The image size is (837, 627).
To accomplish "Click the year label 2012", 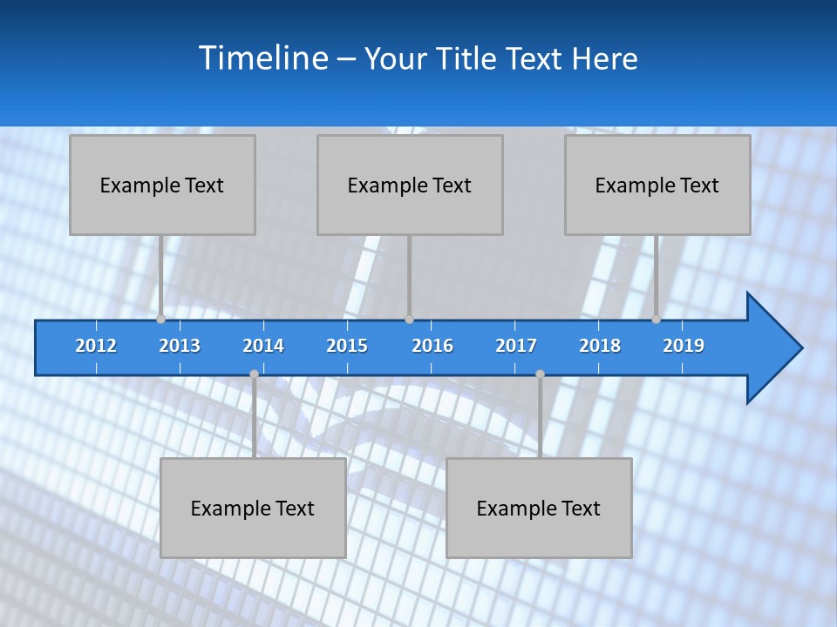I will pyautogui.click(x=96, y=346).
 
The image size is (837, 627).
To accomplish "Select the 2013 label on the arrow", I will pyautogui.click(x=180, y=346).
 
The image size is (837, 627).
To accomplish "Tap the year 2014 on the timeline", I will pyautogui.click(x=263, y=346).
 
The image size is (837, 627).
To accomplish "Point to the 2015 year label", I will pyautogui.click(x=347, y=346).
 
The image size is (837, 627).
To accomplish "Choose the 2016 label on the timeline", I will pyautogui.click(x=432, y=346).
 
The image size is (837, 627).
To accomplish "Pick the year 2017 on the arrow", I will pyautogui.click(x=516, y=346).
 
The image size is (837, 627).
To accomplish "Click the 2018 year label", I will pyautogui.click(x=600, y=346).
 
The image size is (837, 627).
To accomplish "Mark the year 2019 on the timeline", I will pyautogui.click(x=684, y=346).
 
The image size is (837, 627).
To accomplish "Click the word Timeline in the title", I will pyautogui.click(x=261, y=58).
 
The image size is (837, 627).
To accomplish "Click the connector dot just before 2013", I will pyautogui.click(x=160, y=320).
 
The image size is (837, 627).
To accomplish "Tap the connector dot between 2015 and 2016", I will pyautogui.click(x=409, y=320).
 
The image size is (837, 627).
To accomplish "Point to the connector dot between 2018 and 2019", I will pyautogui.click(x=656, y=320).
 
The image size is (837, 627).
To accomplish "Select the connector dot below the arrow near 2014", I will pyautogui.click(x=254, y=374).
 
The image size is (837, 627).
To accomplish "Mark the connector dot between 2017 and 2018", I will pyautogui.click(x=540, y=374).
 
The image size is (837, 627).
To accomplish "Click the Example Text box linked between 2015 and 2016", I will pyautogui.click(x=410, y=185).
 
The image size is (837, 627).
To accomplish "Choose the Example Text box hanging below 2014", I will pyautogui.click(x=253, y=508).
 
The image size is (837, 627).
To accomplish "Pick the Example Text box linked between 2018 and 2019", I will pyautogui.click(x=657, y=185).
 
